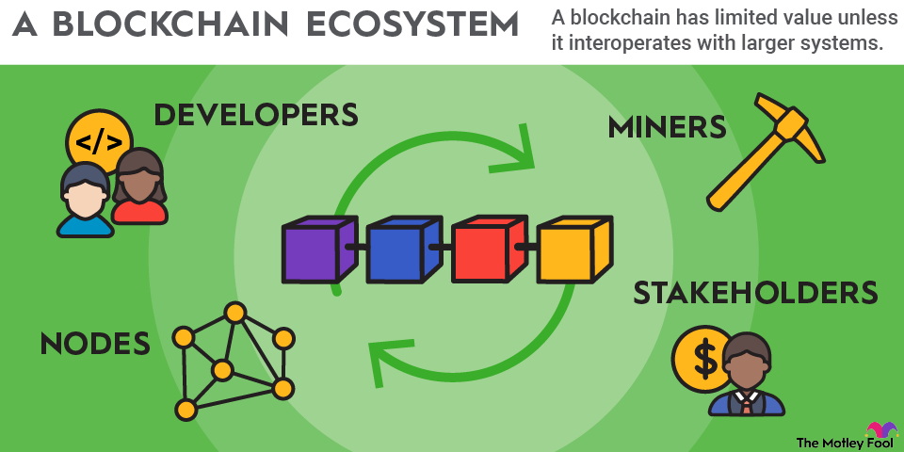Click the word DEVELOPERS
255,115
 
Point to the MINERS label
667,128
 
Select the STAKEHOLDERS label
755,293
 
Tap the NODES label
95,344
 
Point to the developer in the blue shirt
84,202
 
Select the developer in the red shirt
139,188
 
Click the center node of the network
222,370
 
